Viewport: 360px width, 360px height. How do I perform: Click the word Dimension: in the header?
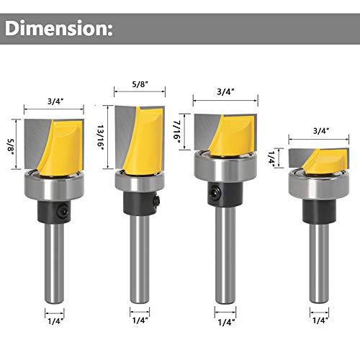coord(59,28)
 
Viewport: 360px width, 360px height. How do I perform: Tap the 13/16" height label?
coord(100,138)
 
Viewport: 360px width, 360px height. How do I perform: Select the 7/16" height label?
coord(177,132)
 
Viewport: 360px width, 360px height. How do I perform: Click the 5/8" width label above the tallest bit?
coord(140,84)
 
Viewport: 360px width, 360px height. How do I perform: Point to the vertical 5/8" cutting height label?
coord(12,146)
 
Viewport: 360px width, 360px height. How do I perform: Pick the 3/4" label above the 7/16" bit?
coord(225,91)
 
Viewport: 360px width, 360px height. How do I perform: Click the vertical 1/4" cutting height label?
coord(271,157)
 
